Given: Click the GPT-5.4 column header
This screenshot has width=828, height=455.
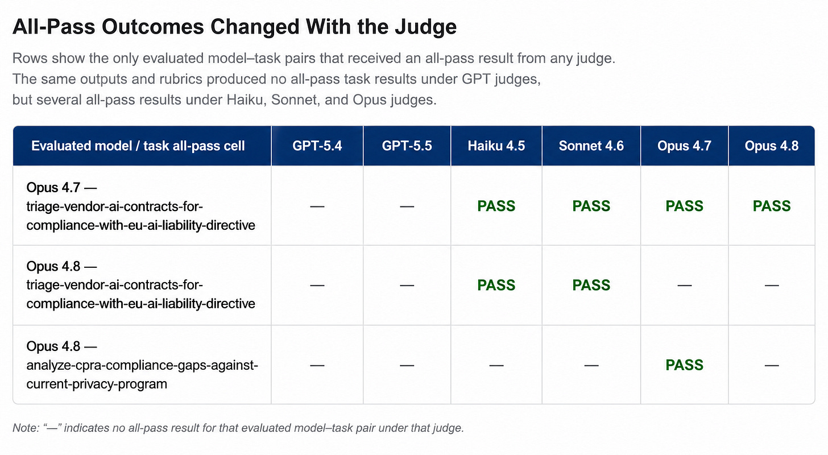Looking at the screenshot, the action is pyautogui.click(x=317, y=146).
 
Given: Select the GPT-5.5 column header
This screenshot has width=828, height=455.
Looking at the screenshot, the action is pyautogui.click(x=407, y=146).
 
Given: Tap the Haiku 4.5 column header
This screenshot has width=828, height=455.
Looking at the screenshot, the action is pyautogui.click(x=496, y=146).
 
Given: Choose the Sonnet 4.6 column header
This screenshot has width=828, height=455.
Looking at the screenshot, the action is pyautogui.click(x=591, y=146).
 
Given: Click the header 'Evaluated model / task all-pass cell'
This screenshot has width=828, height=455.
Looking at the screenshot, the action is pyautogui.click(x=138, y=146).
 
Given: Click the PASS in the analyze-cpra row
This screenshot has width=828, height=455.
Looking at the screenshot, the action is pyautogui.click(x=684, y=365).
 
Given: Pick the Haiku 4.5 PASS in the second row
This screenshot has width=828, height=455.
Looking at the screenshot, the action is pyautogui.click(x=496, y=285).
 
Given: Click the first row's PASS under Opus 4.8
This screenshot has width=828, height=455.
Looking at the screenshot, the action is pyautogui.click(x=772, y=206).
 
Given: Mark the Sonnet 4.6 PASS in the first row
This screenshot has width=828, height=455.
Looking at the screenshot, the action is pyautogui.click(x=591, y=206).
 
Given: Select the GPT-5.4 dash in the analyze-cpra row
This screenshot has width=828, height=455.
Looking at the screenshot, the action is pyautogui.click(x=317, y=366).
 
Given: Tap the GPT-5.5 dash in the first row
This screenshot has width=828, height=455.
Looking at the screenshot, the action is pyautogui.click(x=407, y=206).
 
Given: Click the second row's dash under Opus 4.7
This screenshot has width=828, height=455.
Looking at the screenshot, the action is pyautogui.click(x=684, y=286).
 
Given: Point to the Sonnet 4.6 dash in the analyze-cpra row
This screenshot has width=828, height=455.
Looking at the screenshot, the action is pyautogui.click(x=591, y=366).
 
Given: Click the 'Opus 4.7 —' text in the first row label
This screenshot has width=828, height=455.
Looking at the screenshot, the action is pyautogui.click(x=61, y=187).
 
